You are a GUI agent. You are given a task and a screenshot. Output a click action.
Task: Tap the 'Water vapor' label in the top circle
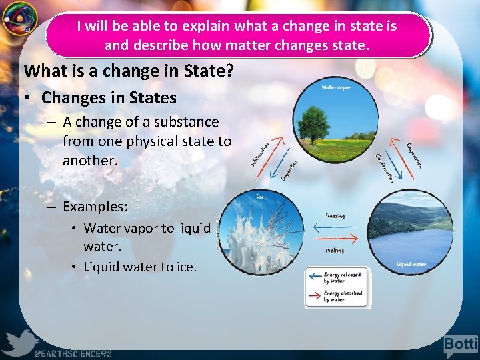[337, 88]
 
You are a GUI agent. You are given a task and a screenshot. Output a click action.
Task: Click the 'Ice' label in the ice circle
[261, 197]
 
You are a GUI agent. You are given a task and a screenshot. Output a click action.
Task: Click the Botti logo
[461, 344]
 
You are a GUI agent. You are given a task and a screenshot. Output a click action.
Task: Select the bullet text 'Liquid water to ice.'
[140, 267]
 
